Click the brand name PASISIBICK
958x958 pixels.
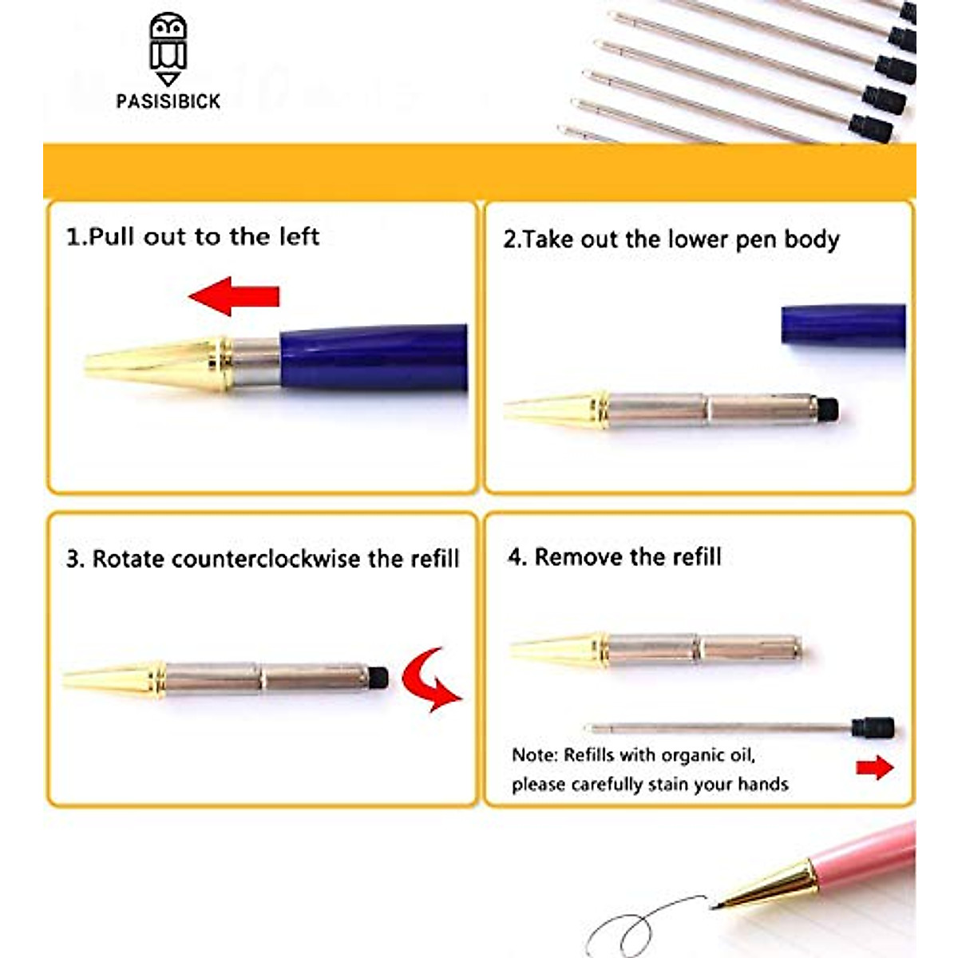pos(168,101)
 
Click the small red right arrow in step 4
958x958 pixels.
pos(874,768)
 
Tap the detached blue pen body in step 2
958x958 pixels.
pos(843,325)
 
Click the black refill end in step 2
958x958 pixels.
pos(829,410)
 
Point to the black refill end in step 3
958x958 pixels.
pos(378,678)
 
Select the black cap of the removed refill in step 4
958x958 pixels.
pos(873,727)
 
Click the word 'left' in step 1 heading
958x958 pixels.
pos(299,236)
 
